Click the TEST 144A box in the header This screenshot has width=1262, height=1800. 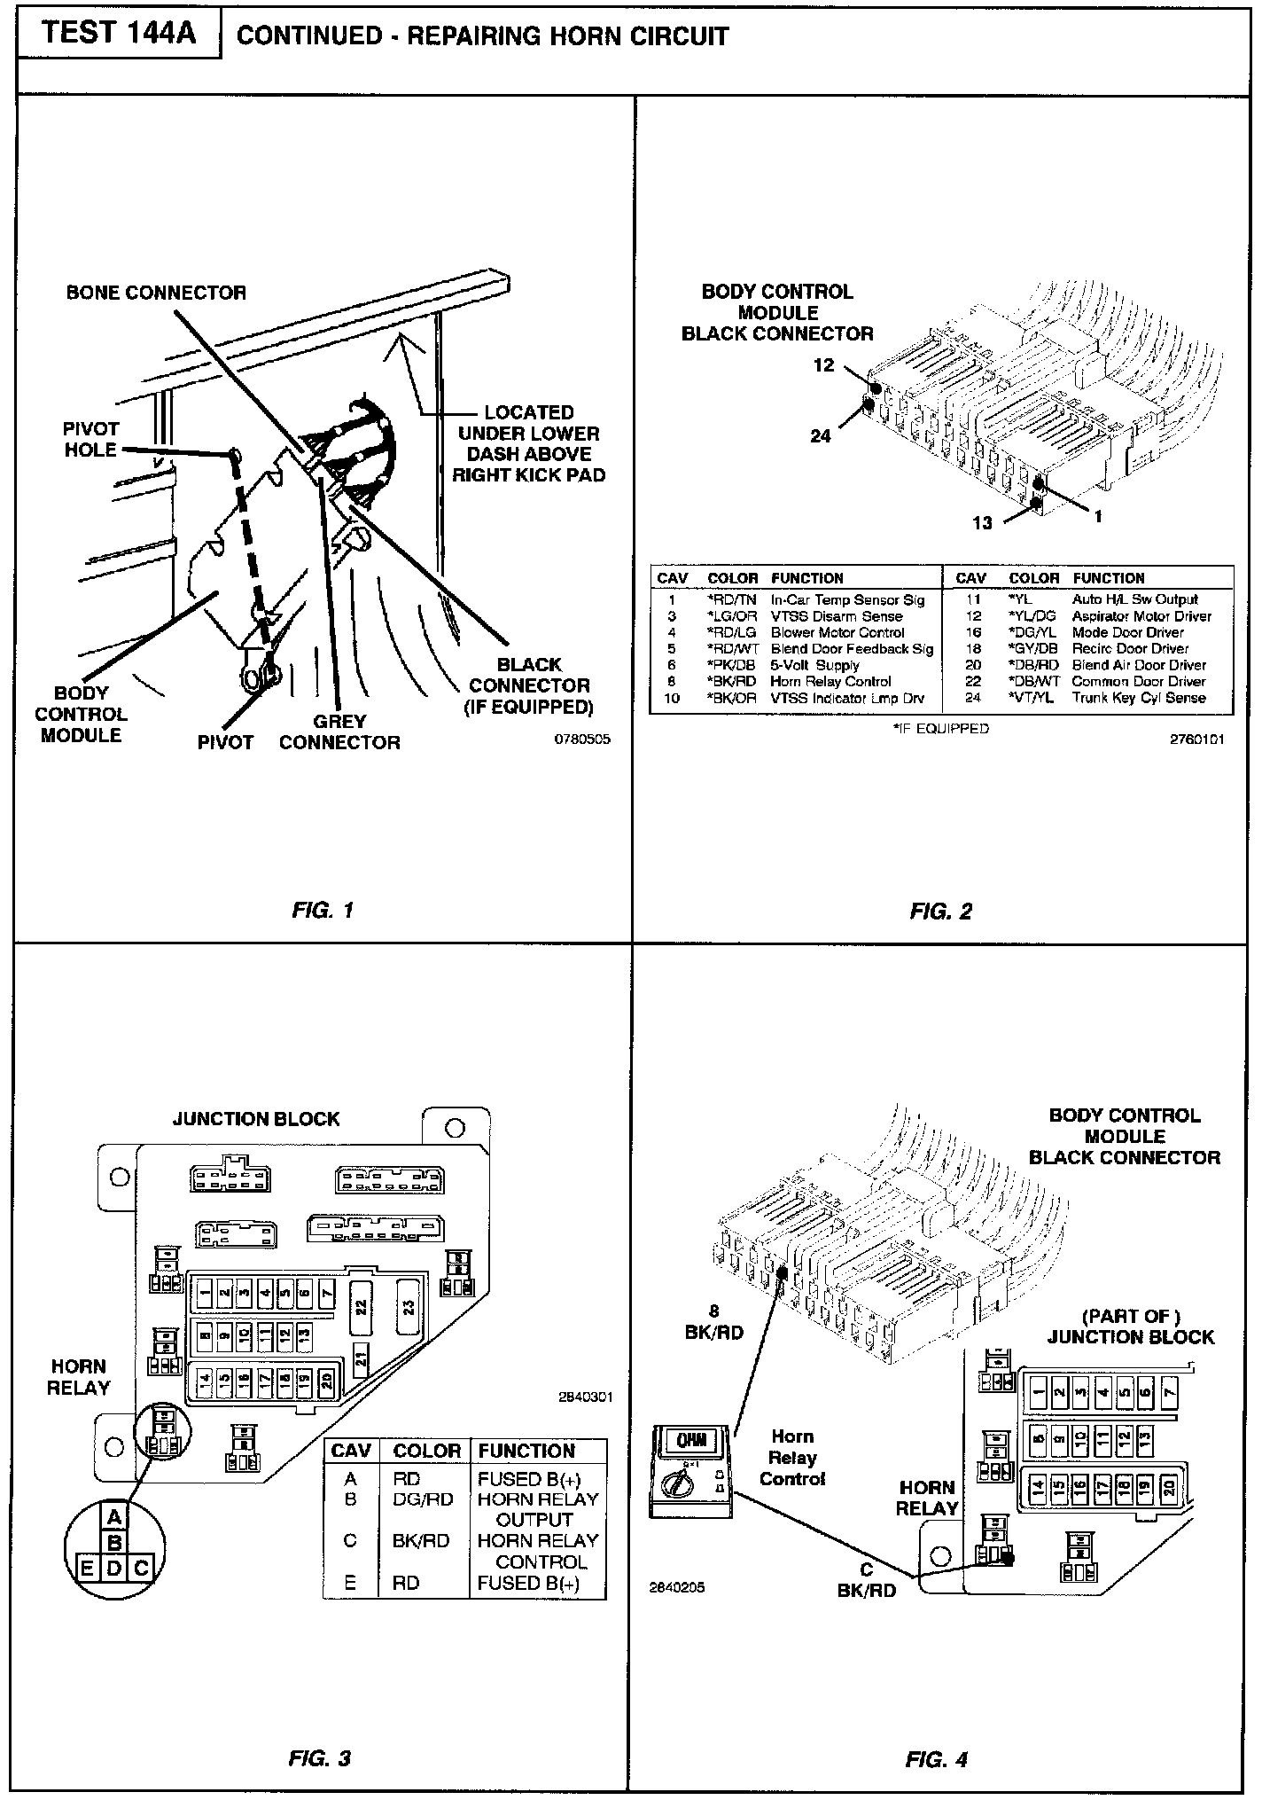(119, 34)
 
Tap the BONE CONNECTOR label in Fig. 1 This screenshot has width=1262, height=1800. (156, 293)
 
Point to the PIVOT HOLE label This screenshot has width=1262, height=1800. (90, 439)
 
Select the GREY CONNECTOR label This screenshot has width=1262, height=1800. (339, 732)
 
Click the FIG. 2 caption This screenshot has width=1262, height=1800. (940, 911)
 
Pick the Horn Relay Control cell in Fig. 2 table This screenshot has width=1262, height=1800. (830, 681)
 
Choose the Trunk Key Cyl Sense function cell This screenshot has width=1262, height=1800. (1139, 698)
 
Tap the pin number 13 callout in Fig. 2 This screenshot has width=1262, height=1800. (982, 523)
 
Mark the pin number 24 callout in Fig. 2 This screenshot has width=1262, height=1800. (821, 435)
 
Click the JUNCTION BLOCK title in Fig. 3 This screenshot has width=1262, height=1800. (256, 1118)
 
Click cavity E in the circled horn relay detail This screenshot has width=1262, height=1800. (88, 1569)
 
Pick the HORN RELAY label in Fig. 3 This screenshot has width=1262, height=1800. (78, 1377)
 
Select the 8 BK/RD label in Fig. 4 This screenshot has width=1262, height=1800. (714, 1322)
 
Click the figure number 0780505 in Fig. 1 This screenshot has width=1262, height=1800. (581, 740)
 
